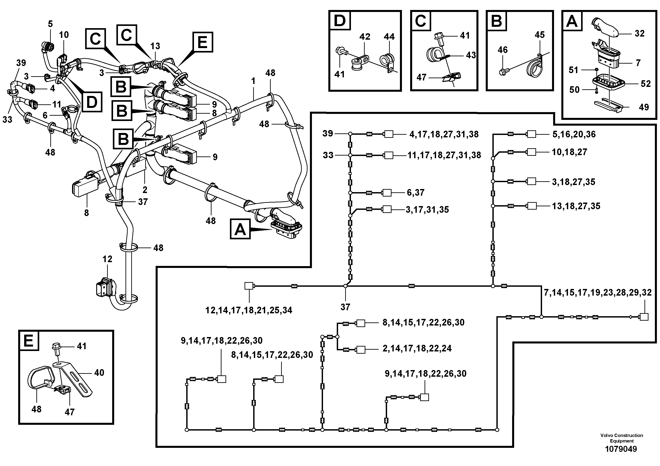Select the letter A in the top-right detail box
[572, 21]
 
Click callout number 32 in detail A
[639, 34]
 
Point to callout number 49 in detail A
[643, 107]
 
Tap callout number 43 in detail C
[471, 55]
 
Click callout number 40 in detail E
[99, 373]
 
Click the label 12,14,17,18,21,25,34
[249, 310]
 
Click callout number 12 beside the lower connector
[107, 259]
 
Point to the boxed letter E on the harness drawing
[202, 42]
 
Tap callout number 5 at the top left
[50, 24]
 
